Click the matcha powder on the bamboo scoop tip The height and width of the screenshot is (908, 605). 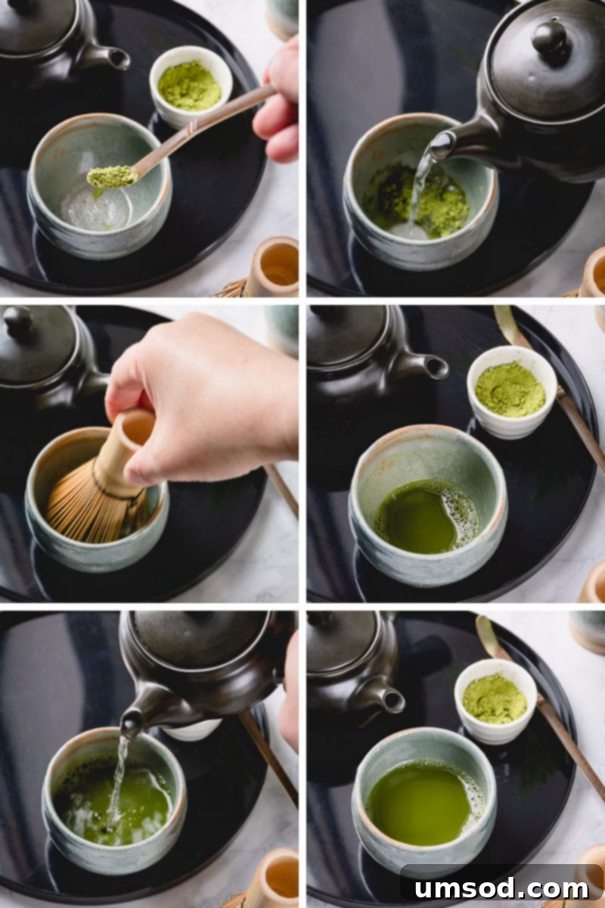110,176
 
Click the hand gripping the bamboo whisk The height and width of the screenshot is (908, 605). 204,393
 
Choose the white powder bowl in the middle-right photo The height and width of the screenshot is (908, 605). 511,390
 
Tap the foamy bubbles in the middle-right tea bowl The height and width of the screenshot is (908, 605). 463,515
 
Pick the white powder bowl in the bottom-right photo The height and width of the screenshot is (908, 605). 495,700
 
